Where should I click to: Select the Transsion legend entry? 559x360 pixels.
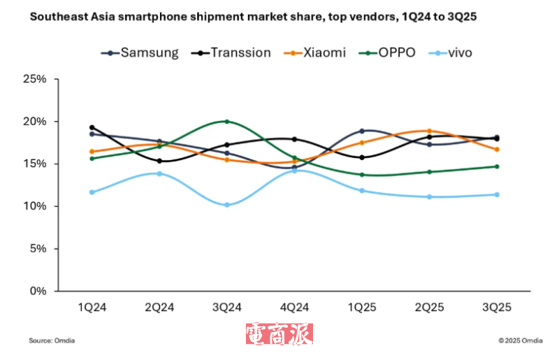pos(231,52)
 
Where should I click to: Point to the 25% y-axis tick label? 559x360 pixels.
pos(34,79)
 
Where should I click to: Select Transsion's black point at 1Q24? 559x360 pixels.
pos(92,127)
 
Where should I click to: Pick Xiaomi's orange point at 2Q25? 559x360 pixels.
pos(429,131)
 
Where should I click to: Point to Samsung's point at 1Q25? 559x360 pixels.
pos(361,131)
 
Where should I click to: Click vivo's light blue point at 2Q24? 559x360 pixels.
pos(159,173)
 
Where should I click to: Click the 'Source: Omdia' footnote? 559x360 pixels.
pos(52,340)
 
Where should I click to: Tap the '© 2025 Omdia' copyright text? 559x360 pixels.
pos(521,340)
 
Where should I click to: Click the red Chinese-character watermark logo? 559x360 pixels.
pos(279,335)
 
